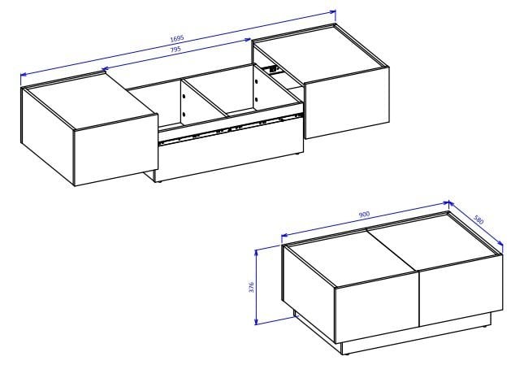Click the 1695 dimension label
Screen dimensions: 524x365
(x=177, y=38)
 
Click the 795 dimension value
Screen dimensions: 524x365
(x=175, y=50)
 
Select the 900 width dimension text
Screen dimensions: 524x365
(x=364, y=215)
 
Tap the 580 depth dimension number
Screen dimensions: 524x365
(x=479, y=219)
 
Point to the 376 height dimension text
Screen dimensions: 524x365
(x=252, y=287)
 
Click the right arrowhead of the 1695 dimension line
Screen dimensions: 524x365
(x=333, y=12)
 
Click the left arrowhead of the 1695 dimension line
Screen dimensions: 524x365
(x=24, y=75)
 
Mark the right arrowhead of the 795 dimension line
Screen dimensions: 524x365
(x=248, y=40)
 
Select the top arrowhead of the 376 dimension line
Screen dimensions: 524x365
(x=257, y=253)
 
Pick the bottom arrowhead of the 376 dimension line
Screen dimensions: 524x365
(x=257, y=321)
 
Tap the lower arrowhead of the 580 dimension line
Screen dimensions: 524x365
(x=500, y=243)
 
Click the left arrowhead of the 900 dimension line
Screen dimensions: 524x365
(x=285, y=236)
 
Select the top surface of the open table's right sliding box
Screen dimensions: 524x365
(x=321, y=53)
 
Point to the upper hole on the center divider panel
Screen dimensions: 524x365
(x=184, y=96)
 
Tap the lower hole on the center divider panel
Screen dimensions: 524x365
(x=184, y=115)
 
